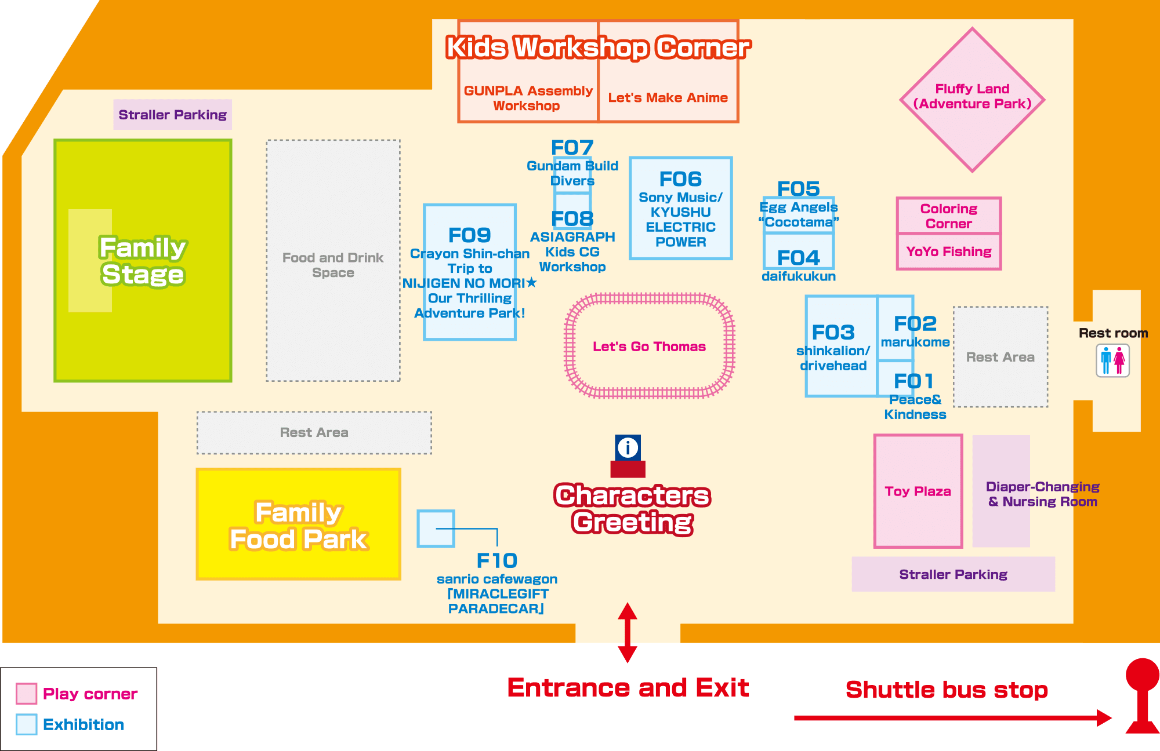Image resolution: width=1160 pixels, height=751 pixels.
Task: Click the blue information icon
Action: [628, 447]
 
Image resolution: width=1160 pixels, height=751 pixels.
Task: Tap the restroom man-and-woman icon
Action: [1112, 360]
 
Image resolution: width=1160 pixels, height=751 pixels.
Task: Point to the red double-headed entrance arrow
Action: [628, 632]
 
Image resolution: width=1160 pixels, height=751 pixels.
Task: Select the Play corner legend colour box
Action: [27, 694]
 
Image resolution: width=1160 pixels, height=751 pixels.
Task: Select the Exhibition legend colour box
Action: [27, 724]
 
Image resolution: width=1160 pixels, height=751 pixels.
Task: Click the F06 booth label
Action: [680, 179]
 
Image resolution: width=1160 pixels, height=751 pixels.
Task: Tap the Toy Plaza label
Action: [918, 491]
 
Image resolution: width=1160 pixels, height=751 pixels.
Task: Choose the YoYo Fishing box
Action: [949, 251]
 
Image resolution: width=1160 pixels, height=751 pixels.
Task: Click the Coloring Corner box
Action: [949, 216]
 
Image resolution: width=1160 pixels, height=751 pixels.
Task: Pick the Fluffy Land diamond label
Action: [972, 96]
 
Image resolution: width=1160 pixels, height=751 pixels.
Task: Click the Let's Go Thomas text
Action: [649, 347]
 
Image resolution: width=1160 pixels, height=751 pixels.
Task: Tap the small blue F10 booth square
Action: [436, 528]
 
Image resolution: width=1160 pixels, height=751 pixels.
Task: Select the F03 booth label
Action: [833, 333]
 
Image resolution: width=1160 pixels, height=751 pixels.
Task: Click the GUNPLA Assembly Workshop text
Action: [528, 98]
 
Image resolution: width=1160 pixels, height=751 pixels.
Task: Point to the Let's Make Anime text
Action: [668, 98]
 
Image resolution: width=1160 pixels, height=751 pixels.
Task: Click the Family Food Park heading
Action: [299, 526]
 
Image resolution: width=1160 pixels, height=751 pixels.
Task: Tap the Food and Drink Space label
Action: [333, 265]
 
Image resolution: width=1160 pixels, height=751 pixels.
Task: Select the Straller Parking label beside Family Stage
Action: [172, 115]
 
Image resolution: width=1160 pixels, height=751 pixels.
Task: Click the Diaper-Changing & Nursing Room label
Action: [1042, 494]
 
